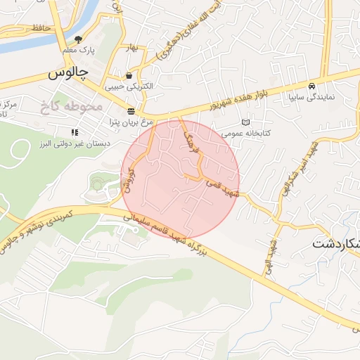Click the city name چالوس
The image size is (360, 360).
(68, 72)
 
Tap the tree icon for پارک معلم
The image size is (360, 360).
(78, 39)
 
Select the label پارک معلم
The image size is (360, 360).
(78, 51)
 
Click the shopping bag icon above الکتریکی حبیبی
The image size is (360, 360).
(129, 75)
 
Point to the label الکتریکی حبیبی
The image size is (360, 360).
(129, 86)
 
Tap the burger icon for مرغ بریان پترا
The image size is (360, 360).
(131, 111)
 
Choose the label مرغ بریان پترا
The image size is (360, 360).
(130, 122)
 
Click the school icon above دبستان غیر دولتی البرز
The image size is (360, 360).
(75, 131)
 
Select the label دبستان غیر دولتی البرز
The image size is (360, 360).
(74, 143)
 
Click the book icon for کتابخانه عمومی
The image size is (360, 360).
(245, 122)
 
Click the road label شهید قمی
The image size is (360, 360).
(223, 187)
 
